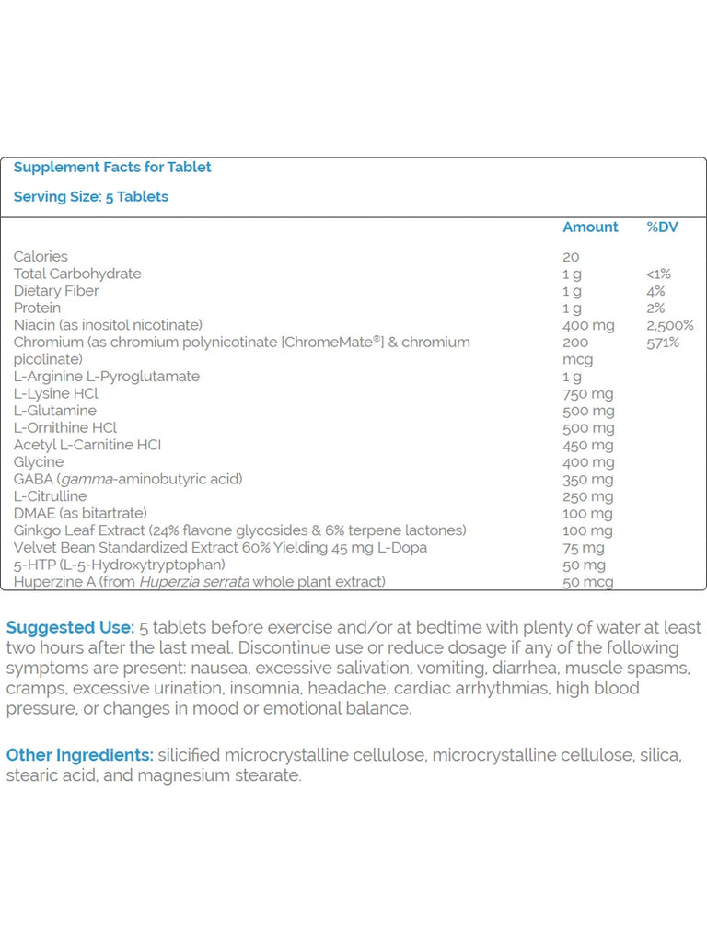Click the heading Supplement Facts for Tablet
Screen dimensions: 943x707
[112, 167]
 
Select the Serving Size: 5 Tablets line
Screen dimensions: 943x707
[91, 196]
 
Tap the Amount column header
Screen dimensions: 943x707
[590, 227]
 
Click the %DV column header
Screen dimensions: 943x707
[662, 227]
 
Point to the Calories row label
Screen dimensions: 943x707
[41, 256]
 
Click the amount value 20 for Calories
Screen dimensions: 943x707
[571, 256]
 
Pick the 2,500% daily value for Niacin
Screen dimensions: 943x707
[670, 325]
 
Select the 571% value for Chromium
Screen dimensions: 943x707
[663, 342]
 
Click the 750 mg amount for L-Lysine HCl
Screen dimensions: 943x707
[587, 393]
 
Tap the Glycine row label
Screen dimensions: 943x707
[39, 461]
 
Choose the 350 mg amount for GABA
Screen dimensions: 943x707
[587, 479]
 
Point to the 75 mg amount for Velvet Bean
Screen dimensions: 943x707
[584, 547]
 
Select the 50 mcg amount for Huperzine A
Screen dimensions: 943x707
[587, 582]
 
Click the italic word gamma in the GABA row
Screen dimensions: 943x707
[83, 479]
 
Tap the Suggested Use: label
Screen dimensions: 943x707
[70, 627]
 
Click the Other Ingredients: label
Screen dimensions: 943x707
[80, 755]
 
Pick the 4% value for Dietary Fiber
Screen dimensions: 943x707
[655, 290]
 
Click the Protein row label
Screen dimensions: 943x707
[37, 308]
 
